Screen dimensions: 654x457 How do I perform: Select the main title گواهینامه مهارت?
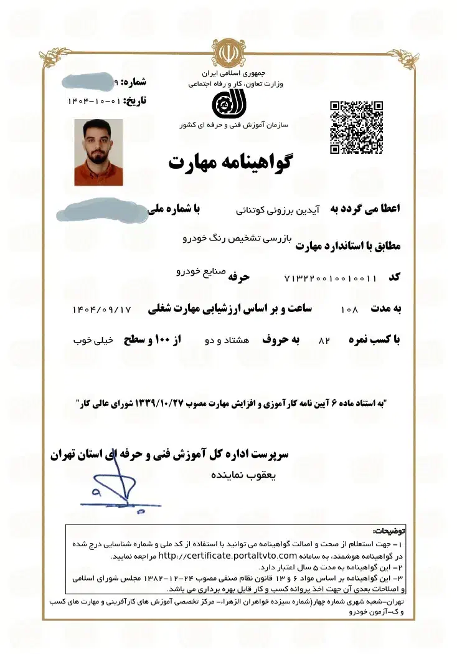coord(230,163)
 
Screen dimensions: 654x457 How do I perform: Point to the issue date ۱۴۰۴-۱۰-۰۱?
coord(93,101)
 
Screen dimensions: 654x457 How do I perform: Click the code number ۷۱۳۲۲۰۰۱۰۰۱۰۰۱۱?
coord(331,278)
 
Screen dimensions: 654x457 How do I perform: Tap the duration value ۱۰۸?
coord(351,309)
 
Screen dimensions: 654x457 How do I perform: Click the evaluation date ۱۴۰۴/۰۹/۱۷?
coord(102,308)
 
